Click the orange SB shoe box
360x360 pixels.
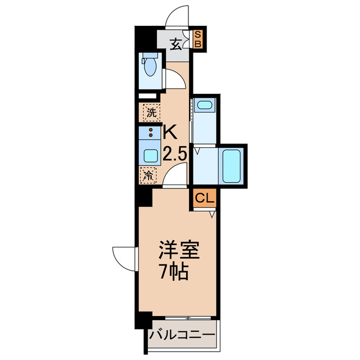pyautogui.click(x=199, y=40)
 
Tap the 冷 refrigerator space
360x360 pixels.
pyautogui.click(x=150, y=175)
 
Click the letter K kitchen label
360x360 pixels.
pyautogui.click(x=170, y=133)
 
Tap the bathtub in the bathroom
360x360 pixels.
pyautogui.click(x=232, y=165)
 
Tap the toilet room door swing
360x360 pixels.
pyautogui.click(x=175, y=79)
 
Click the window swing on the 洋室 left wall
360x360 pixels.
pyautogui.click(x=124, y=258)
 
